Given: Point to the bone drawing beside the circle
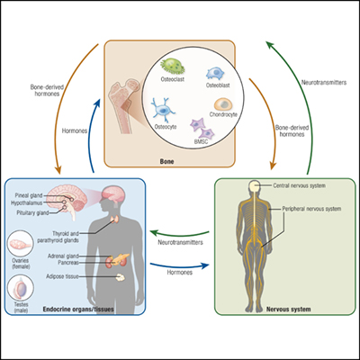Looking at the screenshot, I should click(124, 105).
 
